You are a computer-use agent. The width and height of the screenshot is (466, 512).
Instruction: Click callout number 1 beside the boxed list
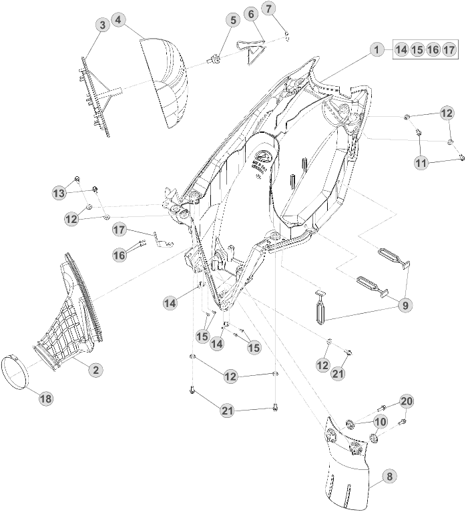(377, 49)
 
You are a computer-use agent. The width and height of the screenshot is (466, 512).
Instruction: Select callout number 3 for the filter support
(101, 25)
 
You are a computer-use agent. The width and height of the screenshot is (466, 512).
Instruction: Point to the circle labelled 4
(118, 20)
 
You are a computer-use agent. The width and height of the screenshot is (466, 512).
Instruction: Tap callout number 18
(45, 399)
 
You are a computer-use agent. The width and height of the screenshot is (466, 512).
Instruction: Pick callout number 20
(406, 401)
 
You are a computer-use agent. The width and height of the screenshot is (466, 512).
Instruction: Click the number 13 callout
(59, 193)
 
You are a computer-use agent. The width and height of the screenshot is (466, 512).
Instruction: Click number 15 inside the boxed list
(417, 49)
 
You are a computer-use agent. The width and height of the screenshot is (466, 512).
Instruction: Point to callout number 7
(269, 9)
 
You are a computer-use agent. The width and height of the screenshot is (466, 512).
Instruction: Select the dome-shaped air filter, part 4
(167, 80)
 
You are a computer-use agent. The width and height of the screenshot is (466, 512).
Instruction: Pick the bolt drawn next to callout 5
(218, 59)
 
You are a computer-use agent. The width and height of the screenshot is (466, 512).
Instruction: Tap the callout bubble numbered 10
(380, 421)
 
